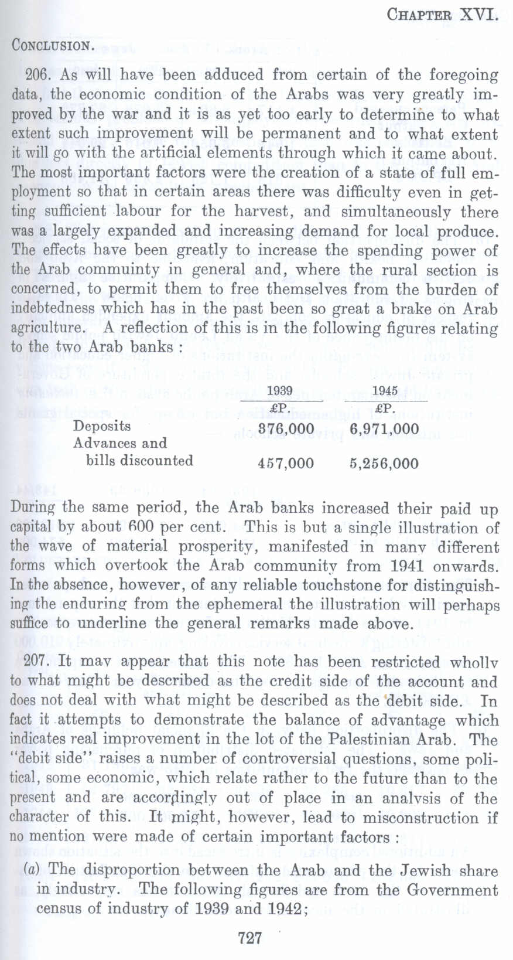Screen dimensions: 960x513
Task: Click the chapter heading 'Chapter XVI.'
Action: (x=442, y=16)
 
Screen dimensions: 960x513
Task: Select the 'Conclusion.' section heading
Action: (x=51, y=46)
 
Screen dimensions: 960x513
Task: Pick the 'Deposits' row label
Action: (x=102, y=426)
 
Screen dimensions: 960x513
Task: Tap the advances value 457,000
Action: (x=286, y=464)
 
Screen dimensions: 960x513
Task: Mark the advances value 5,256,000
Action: (x=384, y=464)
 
